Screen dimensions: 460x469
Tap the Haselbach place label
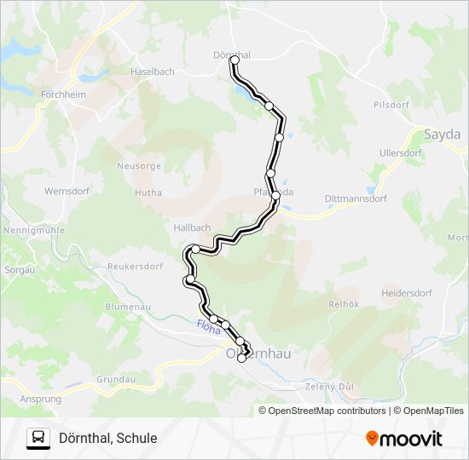click(x=153, y=72)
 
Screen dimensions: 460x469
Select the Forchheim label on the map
click(x=63, y=95)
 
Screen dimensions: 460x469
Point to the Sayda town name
click(x=442, y=135)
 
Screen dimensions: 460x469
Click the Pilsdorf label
click(x=391, y=105)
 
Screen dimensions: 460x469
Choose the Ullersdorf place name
click(x=400, y=153)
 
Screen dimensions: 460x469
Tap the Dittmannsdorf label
click(x=356, y=198)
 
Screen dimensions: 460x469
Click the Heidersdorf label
click(x=406, y=291)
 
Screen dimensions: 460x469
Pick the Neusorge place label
click(x=139, y=165)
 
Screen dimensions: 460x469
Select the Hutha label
click(x=148, y=193)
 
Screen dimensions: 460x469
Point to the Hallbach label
click(x=192, y=227)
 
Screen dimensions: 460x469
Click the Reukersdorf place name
click(x=135, y=266)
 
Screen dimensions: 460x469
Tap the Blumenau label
click(x=127, y=306)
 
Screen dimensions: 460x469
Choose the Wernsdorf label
click(x=67, y=191)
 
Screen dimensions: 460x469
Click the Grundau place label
click(x=117, y=378)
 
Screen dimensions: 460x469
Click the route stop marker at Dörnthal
click(x=234, y=60)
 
